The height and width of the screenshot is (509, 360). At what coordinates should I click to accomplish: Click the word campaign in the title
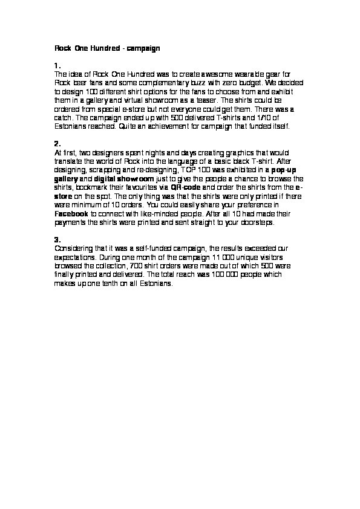[x=143, y=47]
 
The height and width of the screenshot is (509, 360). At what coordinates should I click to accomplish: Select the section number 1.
[x=57, y=65]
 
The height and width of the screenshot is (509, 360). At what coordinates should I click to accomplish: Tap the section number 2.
[x=57, y=144]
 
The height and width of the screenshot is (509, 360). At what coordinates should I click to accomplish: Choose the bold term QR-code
[x=188, y=188]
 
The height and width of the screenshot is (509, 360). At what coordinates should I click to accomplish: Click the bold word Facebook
[x=71, y=214]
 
